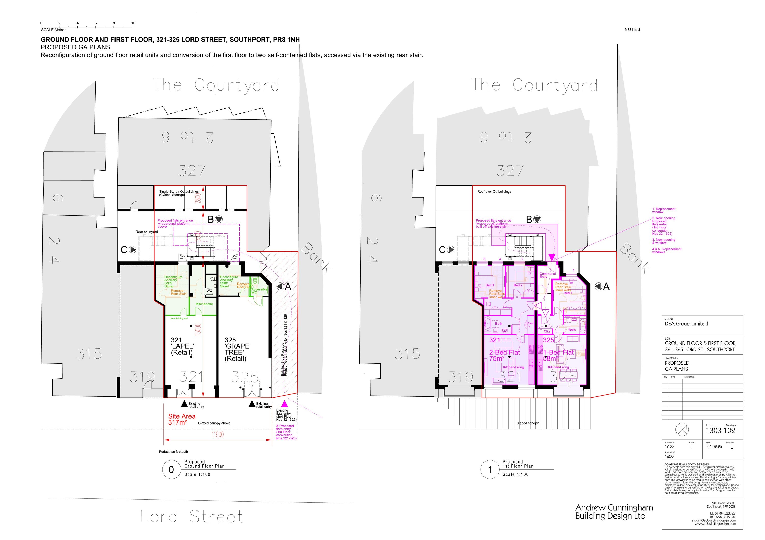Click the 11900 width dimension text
tap(217, 434)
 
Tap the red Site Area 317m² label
tap(182, 419)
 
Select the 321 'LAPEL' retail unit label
tap(182, 346)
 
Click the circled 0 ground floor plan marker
tap(171, 470)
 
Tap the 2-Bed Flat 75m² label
tap(504, 355)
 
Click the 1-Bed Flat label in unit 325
tap(558, 352)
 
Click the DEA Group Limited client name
tap(686, 324)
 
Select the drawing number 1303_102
tap(720, 430)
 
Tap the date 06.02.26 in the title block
tap(714, 447)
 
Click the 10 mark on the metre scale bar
tap(133, 23)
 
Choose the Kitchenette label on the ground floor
tap(204, 304)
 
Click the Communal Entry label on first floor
tap(547, 275)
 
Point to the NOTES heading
tap(632, 29)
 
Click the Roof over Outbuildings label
tap(494, 191)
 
